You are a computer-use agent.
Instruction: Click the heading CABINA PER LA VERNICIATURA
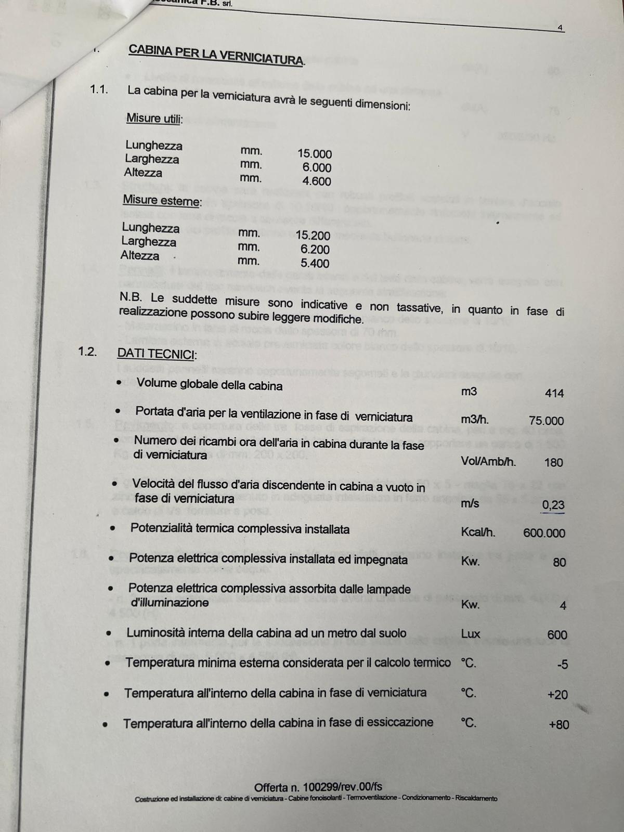(x=216, y=55)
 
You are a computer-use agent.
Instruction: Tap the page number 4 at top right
(x=560, y=28)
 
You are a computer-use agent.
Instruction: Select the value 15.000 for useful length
(x=314, y=154)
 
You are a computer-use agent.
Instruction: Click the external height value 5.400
(x=315, y=264)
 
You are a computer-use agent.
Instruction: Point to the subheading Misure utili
(x=154, y=119)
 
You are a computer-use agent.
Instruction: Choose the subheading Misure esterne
(x=162, y=200)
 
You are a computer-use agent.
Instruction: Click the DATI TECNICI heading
(x=157, y=354)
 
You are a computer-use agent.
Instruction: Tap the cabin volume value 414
(x=554, y=393)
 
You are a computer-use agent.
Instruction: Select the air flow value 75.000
(x=546, y=421)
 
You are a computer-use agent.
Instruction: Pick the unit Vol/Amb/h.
(x=488, y=461)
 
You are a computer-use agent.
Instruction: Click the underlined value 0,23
(x=553, y=504)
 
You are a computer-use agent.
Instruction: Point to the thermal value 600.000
(x=544, y=533)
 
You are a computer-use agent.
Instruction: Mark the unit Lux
(x=471, y=634)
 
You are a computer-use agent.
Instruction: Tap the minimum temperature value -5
(x=562, y=664)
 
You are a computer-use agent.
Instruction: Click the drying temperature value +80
(x=558, y=724)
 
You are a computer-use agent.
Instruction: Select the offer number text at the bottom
(x=318, y=787)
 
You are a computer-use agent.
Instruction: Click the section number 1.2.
(x=87, y=351)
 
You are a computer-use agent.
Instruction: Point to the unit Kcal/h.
(x=478, y=532)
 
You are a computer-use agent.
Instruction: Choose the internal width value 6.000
(x=317, y=167)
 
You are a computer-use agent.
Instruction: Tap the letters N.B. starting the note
(x=131, y=298)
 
